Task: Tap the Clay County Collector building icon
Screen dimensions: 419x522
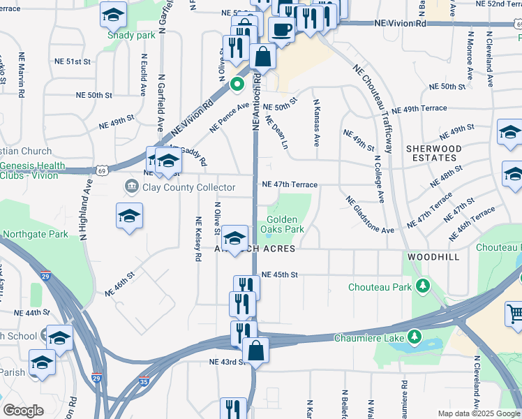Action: click(130, 186)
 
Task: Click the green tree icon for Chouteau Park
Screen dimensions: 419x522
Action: click(422, 286)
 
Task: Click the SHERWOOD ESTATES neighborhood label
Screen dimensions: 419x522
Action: click(434, 154)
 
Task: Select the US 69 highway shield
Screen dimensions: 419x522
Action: click(103, 170)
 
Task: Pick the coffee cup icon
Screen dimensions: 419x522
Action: click(281, 30)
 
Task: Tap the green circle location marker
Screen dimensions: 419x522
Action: click(237, 85)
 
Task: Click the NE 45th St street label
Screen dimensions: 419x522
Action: click(279, 275)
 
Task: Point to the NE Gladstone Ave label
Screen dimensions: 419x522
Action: click(369, 214)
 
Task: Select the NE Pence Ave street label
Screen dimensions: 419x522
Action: click(230, 118)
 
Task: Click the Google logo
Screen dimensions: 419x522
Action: click(23, 411)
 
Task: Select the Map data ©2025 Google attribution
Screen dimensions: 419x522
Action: click(478, 413)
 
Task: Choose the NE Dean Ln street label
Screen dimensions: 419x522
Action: click(276, 131)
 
